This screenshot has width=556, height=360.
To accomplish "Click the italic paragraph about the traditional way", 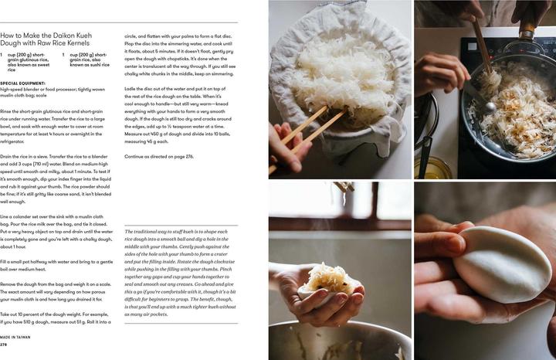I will [181, 273].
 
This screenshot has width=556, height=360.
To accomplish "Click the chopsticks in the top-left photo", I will [309, 128].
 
